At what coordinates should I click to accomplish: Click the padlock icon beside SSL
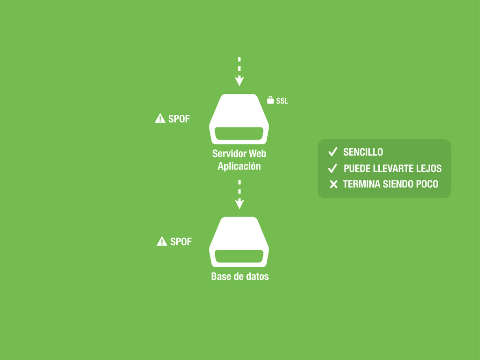270,100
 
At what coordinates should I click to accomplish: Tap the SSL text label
282,101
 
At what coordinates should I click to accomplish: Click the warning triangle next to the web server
160,119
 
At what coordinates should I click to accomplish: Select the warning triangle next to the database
162,241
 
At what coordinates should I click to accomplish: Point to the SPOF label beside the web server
179,119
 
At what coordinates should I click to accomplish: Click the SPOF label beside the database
181,242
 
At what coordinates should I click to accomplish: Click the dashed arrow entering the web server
239,72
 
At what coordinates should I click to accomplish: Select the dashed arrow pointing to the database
239,195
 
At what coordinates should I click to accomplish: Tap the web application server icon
239,119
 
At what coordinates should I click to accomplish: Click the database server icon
239,242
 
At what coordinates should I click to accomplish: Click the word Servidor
229,154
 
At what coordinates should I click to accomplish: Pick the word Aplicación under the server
239,166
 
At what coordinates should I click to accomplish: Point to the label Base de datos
240,277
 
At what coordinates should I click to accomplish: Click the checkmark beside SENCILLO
333,152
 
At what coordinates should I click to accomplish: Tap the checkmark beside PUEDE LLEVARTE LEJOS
333,168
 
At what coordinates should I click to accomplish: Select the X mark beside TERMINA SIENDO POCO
333,184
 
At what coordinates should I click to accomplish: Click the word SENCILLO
363,152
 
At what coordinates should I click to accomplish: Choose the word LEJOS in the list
428,169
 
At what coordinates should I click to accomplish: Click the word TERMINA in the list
361,184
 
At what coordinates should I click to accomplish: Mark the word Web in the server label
257,154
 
